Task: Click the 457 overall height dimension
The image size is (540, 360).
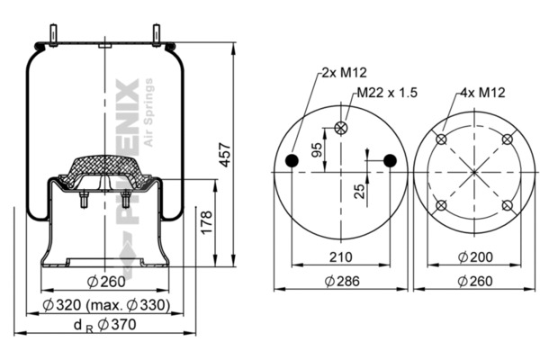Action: pyautogui.click(x=225, y=155)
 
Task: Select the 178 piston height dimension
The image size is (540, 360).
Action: pyautogui.click(x=207, y=223)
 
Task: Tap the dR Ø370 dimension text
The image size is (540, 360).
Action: pyautogui.click(x=105, y=326)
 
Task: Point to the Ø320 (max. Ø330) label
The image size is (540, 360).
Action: pyautogui.click(x=106, y=305)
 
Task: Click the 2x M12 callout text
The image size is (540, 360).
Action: pyautogui.click(x=344, y=73)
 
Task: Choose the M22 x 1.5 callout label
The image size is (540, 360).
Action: pyautogui.click(x=387, y=93)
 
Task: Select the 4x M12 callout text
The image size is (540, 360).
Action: pyautogui.click(x=482, y=93)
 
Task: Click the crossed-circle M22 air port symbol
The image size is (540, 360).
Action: pyautogui.click(x=341, y=128)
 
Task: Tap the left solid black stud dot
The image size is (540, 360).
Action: pyautogui.click(x=292, y=160)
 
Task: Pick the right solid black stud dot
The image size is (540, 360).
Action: pyautogui.click(x=390, y=160)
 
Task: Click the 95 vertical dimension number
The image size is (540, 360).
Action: pyautogui.click(x=317, y=149)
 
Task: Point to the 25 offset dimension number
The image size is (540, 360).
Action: pyautogui.click(x=359, y=192)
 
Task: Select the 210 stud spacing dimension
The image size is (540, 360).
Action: pyautogui.click(x=341, y=257)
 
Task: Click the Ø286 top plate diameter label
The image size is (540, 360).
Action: pyautogui.click(x=342, y=282)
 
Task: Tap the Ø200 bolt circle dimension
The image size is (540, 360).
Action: pyautogui.click(x=475, y=257)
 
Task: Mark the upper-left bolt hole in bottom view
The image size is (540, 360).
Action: pyautogui.click(x=441, y=139)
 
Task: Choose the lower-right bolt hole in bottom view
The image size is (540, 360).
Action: pyautogui.click(x=507, y=206)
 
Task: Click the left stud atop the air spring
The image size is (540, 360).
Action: pyautogui.click(x=53, y=35)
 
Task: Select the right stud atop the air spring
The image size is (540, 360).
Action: pyautogui.click(x=156, y=35)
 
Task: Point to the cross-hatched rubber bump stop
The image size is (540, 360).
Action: pyautogui.click(x=104, y=171)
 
